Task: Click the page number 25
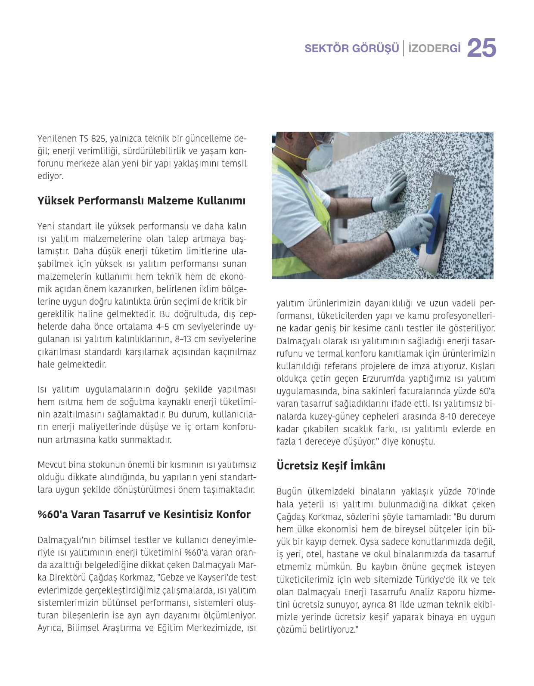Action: click(481, 48)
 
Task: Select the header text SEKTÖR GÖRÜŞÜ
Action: click(351, 48)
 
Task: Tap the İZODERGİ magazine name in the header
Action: click(434, 48)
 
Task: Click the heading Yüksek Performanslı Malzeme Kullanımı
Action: click(141, 201)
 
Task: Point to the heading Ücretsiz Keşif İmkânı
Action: click(331, 466)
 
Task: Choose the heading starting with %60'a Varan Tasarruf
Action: click(144, 514)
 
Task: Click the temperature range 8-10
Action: click(448, 417)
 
